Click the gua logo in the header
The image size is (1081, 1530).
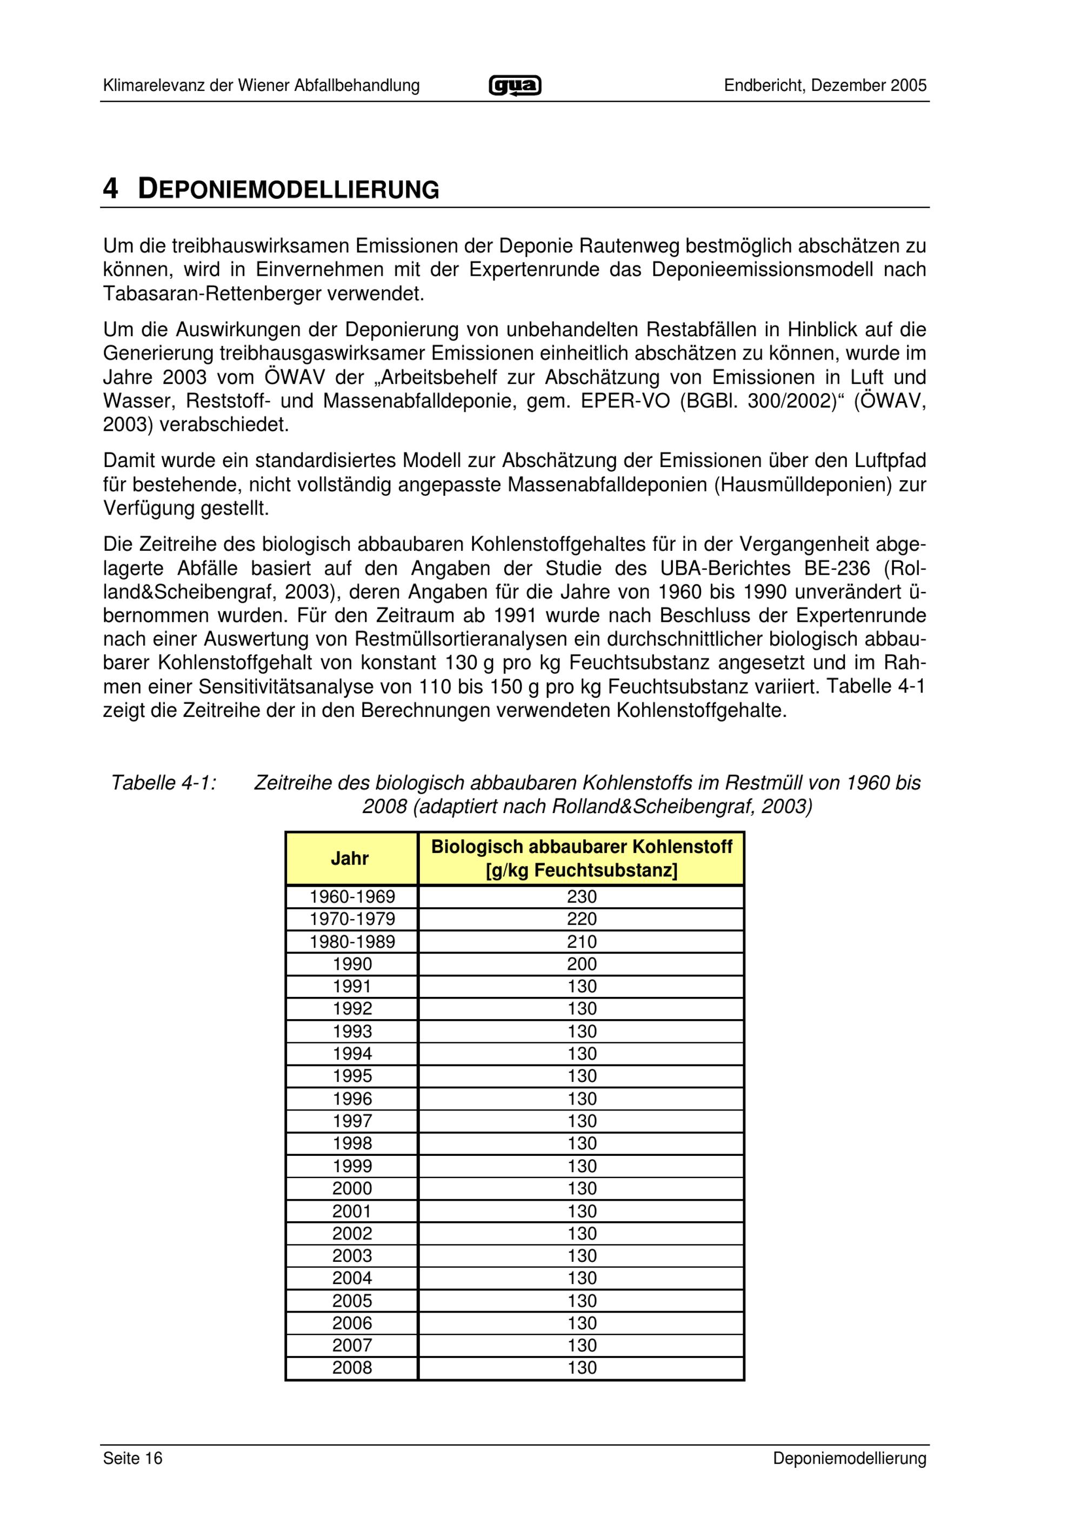(x=515, y=86)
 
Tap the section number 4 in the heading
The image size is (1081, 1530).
(x=111, y=189)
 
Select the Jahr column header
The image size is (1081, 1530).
(x=350, y=859)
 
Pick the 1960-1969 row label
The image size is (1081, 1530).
(x=352, y=896)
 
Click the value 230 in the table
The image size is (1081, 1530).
(x=582, y=896)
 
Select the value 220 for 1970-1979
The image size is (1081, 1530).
(x=582, y=919)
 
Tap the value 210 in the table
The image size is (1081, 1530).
(x=582, y=942)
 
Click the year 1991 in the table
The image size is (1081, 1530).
(x=352, y=986)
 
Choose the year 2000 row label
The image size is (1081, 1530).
(x=352, y=1188)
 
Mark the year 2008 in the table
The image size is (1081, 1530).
(x=352, y=1367)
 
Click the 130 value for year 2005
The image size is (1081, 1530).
(x=582, y=1300)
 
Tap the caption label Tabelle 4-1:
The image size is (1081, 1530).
(x=164, y=783)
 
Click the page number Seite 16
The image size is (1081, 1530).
(x=132, y=1459)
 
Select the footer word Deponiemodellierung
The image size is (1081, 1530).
(x=849, y=1459)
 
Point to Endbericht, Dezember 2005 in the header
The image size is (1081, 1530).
(x=825, y=86)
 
